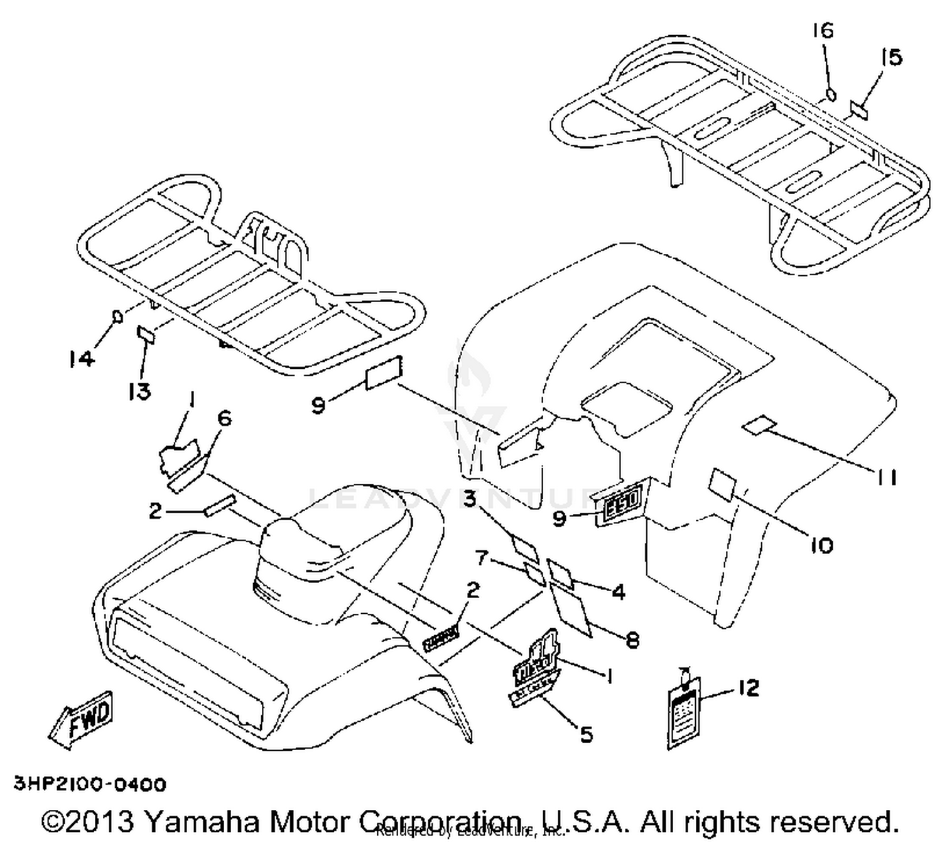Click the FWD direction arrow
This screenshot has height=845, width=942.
coord(82,719)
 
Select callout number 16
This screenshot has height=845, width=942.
coord(823,30)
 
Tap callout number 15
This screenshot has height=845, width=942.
coord(891,58)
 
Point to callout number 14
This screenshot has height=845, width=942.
coord(82,359)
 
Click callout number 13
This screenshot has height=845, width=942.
coord(139,391)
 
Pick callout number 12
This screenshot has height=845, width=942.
coord(748,688)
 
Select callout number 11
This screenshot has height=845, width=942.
coord(885,478)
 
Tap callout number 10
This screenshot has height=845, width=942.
coord(821,545)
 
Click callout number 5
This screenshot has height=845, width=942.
coord(586,734)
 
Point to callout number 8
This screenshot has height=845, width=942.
coord(632,640)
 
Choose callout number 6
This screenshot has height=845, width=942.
coord(224,418)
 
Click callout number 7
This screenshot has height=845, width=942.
coord(482,557)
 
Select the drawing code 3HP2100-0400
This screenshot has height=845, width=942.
coord(90,785)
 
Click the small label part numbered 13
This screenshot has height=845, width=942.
coord(146,334)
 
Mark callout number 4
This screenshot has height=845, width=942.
coord(619,592)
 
